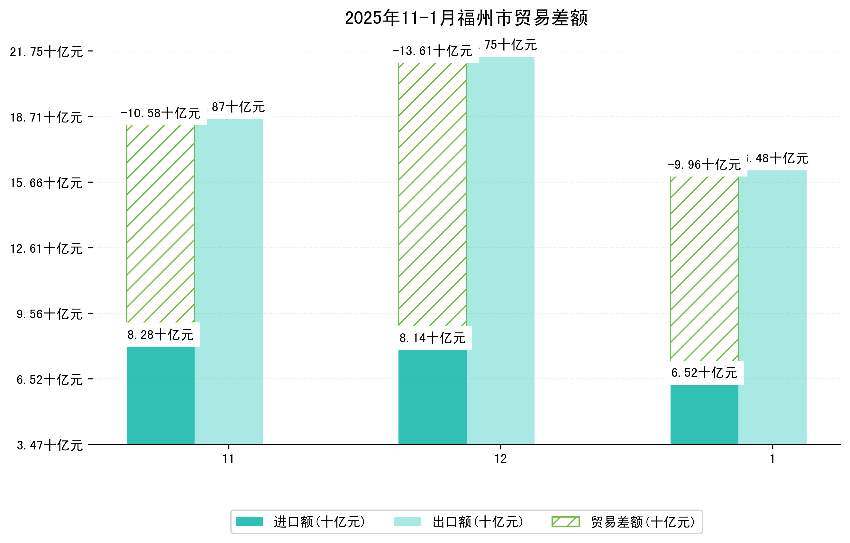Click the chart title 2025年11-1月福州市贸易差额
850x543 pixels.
point(466,18)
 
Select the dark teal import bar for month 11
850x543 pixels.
point(160,395)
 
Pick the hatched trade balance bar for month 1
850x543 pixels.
point(704,268)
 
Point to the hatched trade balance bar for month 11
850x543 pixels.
point(160,224)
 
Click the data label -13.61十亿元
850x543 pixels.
point(432,51)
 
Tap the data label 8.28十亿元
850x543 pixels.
point(160,334)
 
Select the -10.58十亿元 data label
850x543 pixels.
point(160,113)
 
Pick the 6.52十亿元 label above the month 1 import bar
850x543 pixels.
point(704,373)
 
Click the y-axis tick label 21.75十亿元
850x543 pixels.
point(46,52)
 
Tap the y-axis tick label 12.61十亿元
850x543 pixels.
point(46,249)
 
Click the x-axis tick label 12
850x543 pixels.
point(500,459)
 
